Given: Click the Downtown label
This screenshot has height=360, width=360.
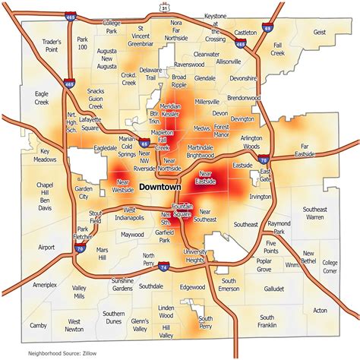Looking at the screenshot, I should (159, 186).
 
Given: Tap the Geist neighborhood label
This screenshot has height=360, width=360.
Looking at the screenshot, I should (319, 33).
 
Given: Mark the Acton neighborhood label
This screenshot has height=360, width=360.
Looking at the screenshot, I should (320, 310).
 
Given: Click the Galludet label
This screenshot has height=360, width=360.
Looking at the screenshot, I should (275, 289).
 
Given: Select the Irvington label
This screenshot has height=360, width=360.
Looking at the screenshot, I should (260, 196).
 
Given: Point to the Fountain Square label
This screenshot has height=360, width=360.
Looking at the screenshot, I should (182, 210).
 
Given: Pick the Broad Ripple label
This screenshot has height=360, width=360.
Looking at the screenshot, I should (178, 81).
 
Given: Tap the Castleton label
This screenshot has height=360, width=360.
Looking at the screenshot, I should (245, 33).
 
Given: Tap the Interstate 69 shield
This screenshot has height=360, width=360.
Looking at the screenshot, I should (267, 28).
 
